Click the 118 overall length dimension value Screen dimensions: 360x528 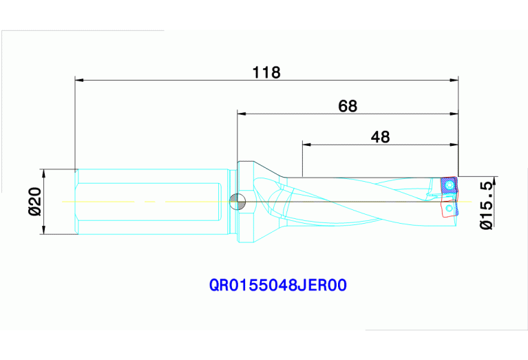(x=266, y=72)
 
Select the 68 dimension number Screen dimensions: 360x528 (x=348, y=106)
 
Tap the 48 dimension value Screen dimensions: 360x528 (x=380, y=136)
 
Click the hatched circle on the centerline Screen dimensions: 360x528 (x=237, y=201)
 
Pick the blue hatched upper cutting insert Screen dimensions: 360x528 (x=449, y=185)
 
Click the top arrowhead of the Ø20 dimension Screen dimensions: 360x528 (x=43, y=173)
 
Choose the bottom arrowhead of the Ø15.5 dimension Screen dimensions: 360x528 (x=494, y=221)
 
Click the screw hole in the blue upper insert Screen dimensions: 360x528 (x=450, y=185)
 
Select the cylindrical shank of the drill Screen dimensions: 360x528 (x=151, y=202)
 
